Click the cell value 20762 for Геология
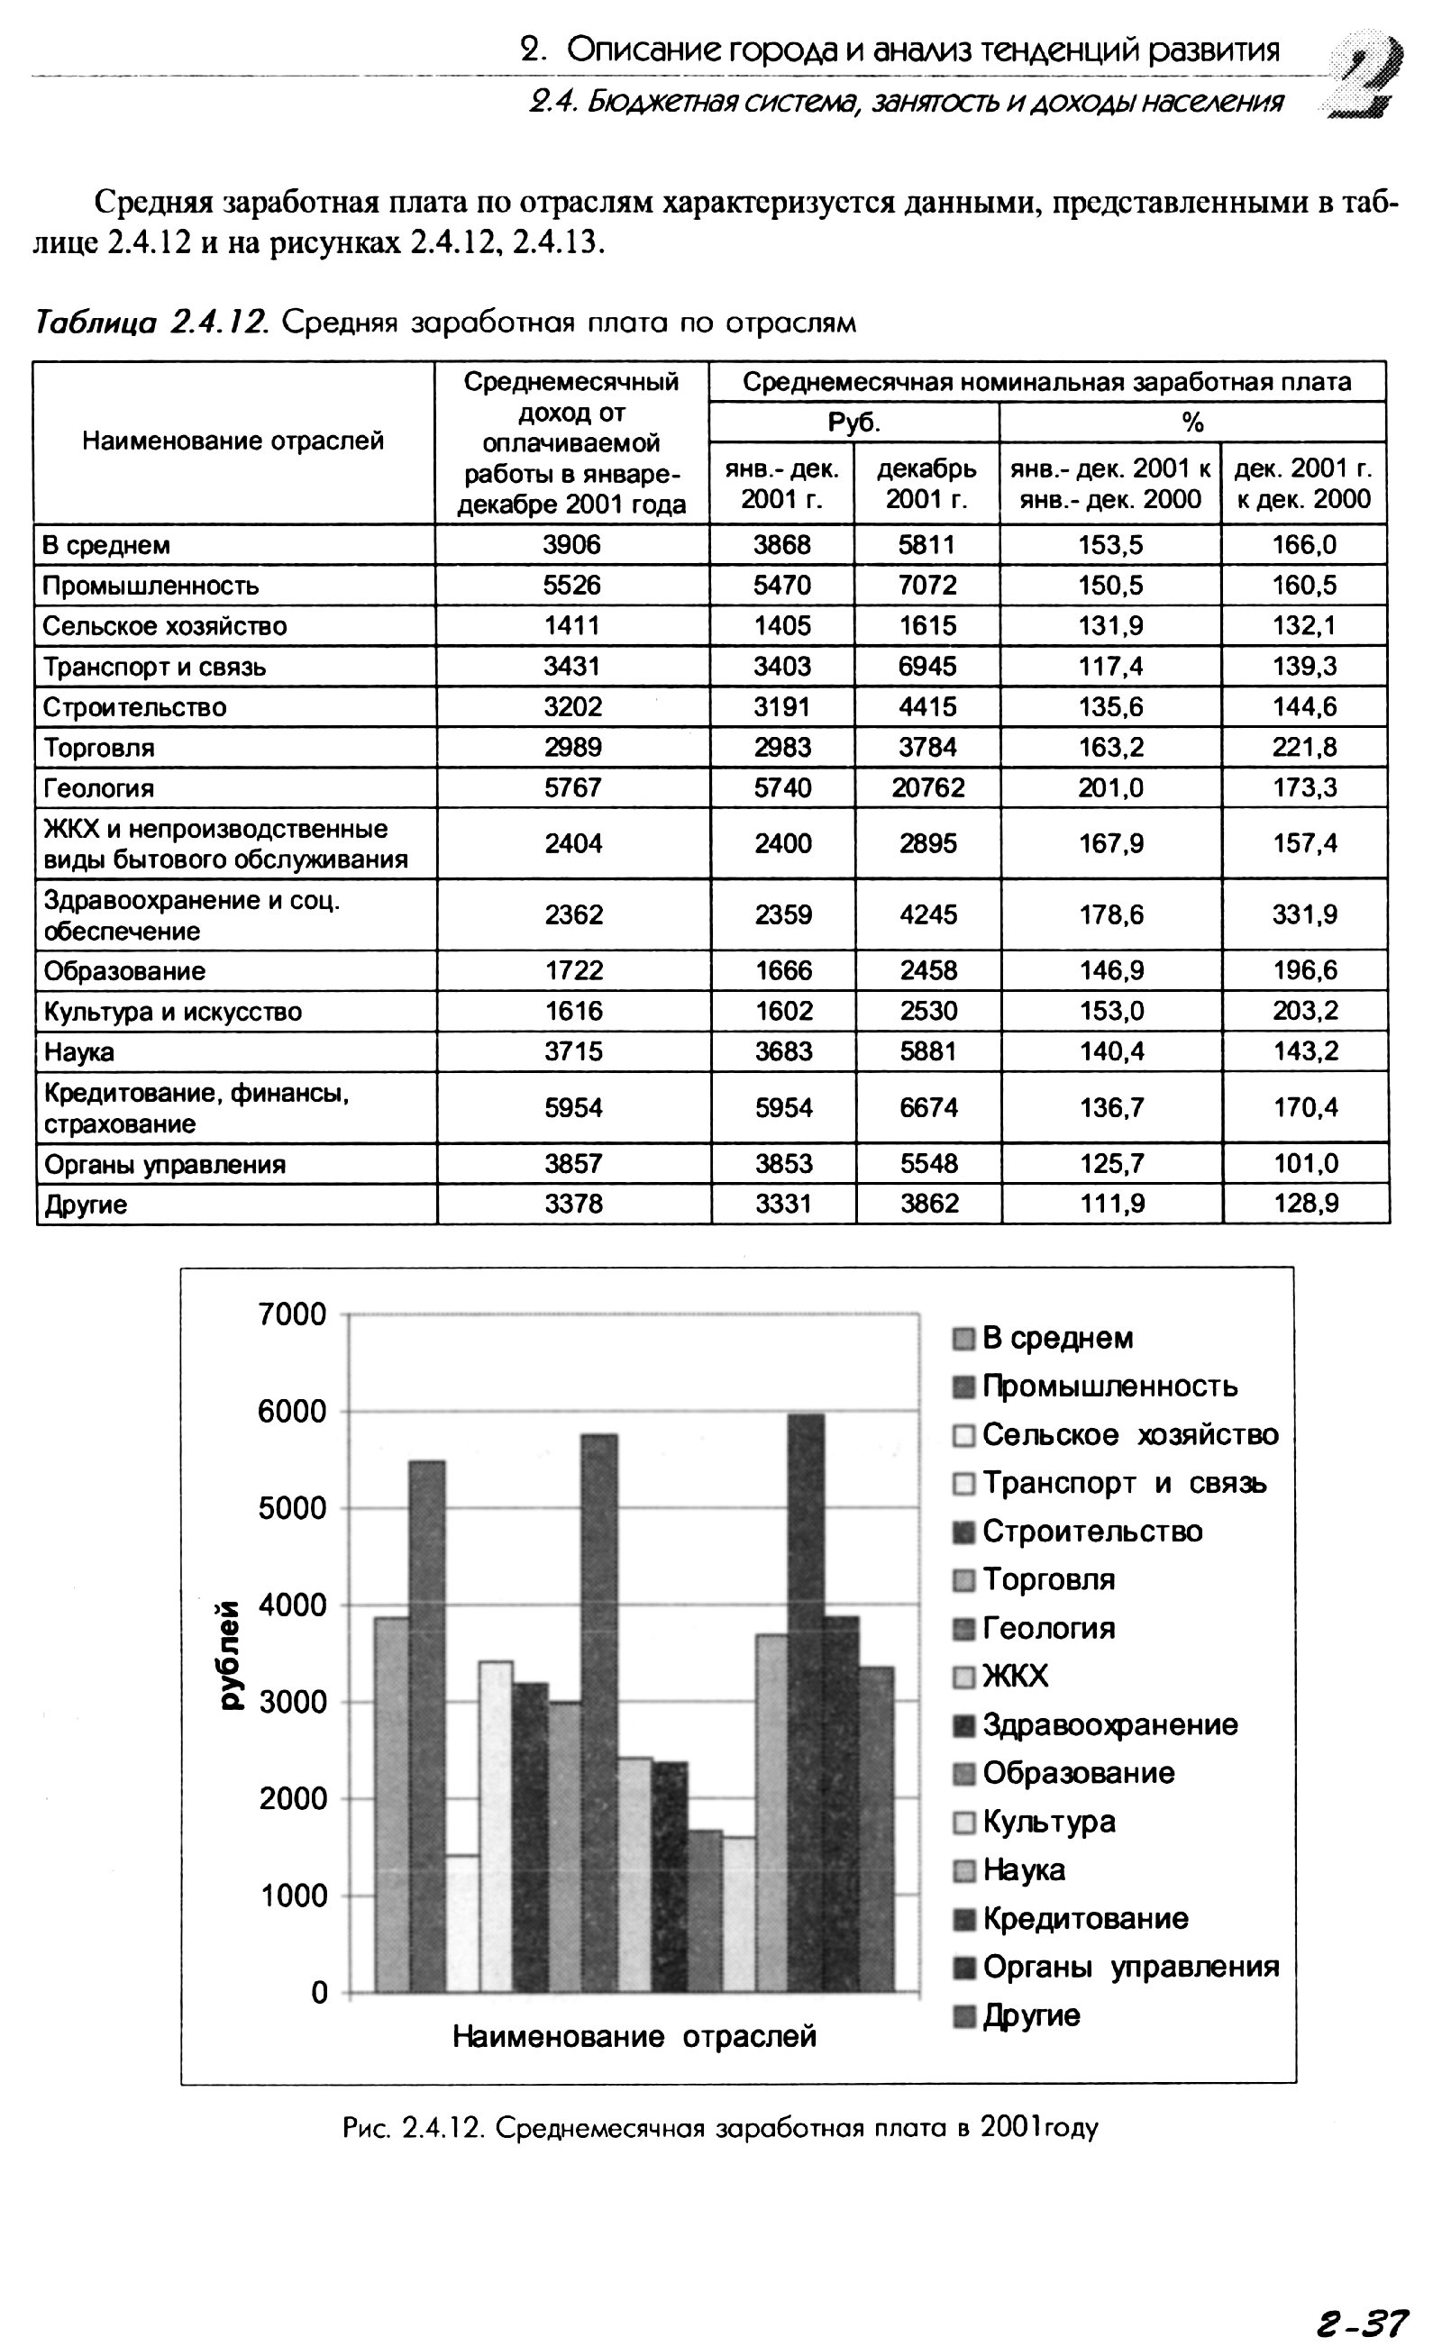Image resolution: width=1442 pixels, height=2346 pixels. (x=927, y=787)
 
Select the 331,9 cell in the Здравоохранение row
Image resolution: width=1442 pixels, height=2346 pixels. (x=1304, y=914)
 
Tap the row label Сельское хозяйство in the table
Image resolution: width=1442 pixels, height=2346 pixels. (x=164, y=626)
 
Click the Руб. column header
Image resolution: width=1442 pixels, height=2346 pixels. (x=853, y=423)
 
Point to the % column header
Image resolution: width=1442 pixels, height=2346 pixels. (x=1192, y=423)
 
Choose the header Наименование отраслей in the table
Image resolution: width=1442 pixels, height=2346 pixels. (x=233, y=441)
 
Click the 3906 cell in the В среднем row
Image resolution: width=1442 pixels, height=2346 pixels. (x=571, y=544)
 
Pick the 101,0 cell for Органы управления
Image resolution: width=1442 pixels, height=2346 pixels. (x=1305, y=1163)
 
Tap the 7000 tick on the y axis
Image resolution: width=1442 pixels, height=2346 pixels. (x=292, y=1314)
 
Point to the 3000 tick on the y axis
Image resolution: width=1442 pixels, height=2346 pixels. (x=292, y=1702)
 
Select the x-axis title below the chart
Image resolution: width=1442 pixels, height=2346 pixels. (x=634, y=2036)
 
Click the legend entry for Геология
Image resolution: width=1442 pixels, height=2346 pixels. (x=1048, y=1627)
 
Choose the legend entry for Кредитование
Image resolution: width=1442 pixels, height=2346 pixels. (x=1085, y=1918)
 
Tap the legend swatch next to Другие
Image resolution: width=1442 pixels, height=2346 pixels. (x=964, y=2015)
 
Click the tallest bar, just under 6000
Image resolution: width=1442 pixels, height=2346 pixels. (x=806, y=1706)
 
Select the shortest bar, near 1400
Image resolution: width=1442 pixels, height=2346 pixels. (x=461, y=1925)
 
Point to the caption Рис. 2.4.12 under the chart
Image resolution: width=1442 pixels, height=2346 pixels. (x=720, y=2128)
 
